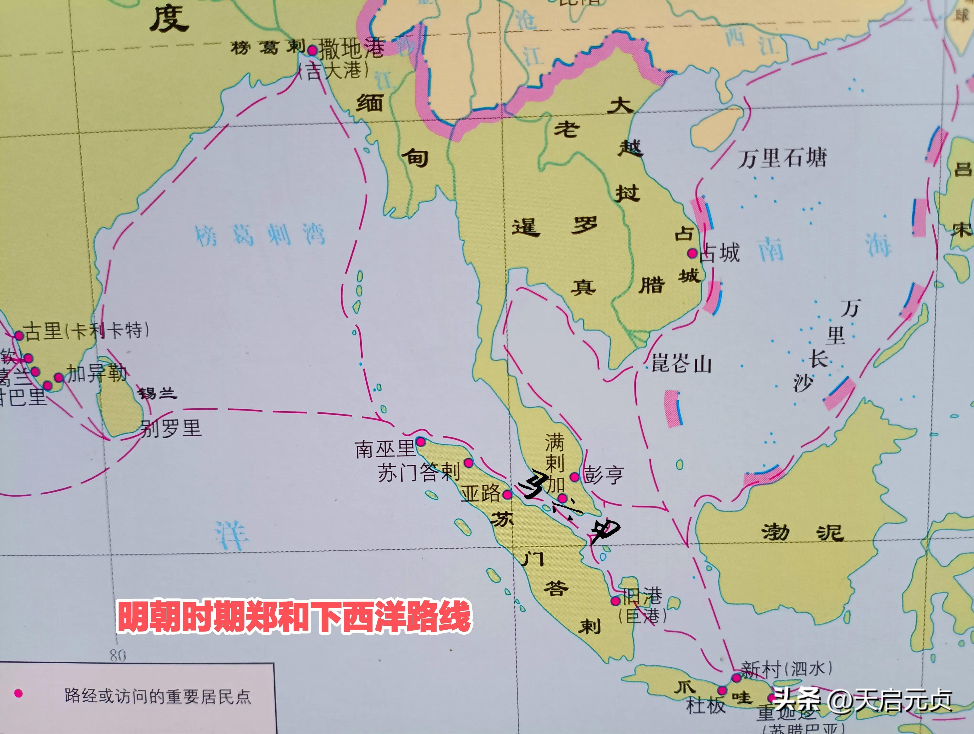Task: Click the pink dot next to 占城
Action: tap(692, 253)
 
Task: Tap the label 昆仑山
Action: tap(681, 364)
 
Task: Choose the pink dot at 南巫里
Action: tap(420, 441)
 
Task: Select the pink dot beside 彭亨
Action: tap(574, 477)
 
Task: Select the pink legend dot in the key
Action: tap(18, 693)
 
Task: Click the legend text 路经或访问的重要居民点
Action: tap(158, 696)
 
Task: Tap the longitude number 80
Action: tap(118, 656)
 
